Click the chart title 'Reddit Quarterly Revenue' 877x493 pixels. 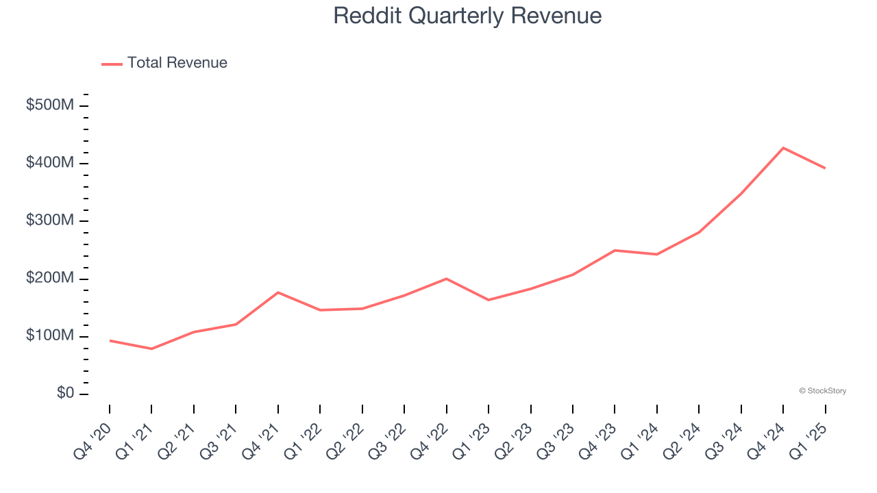(467, 16)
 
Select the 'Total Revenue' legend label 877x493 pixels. (177, 63)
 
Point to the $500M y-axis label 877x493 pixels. (50, 105)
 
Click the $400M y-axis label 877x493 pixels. (50, 163)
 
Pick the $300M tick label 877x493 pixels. (50, 220)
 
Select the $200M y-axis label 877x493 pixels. (50, 279)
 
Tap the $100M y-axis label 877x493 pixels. (50, 336)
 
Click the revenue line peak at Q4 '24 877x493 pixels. (783, 148)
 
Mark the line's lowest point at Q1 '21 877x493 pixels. (151, 349)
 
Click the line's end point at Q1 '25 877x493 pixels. (825, 168)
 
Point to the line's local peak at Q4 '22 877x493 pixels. (447, 279)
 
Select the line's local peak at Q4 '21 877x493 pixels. (278, 292)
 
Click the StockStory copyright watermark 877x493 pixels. (822, 391)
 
